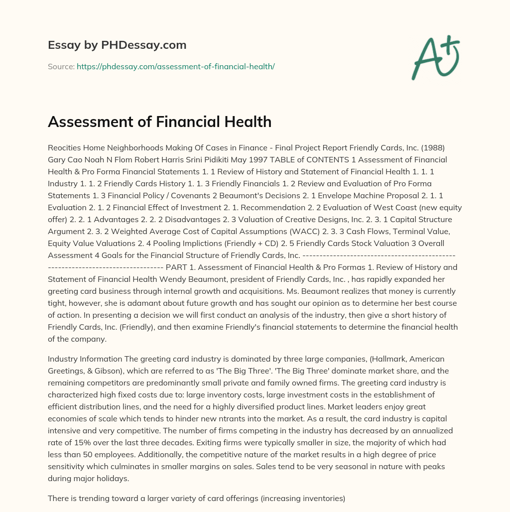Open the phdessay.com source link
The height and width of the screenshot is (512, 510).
coord(175,66)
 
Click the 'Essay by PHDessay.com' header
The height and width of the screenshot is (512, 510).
coord(117,45)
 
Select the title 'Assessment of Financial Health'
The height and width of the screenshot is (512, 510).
coord(159,122)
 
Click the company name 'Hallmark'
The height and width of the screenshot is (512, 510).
coord(386,359)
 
